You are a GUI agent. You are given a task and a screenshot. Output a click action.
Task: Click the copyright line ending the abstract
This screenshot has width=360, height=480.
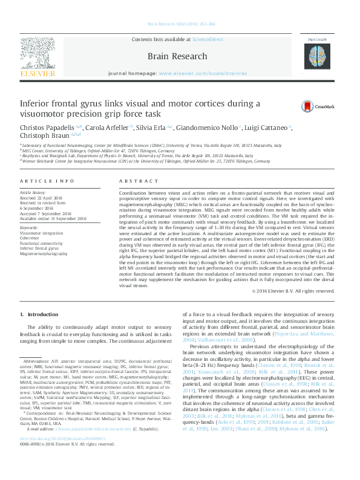coord(293,291)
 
